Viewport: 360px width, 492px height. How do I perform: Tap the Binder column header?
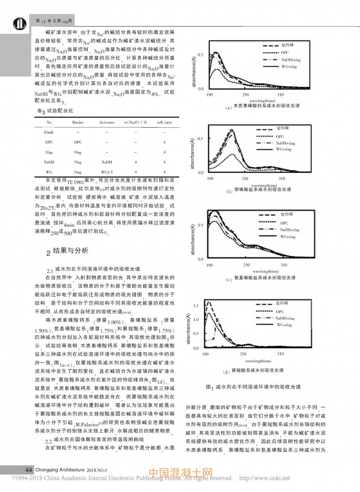(78, 122)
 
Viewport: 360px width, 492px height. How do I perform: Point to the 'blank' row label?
(49, 132)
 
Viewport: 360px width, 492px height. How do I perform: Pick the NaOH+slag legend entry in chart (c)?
(286, 230)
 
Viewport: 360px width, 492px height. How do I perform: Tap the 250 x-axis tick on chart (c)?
(246, 265)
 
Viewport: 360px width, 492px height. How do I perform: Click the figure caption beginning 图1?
(252, 386)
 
